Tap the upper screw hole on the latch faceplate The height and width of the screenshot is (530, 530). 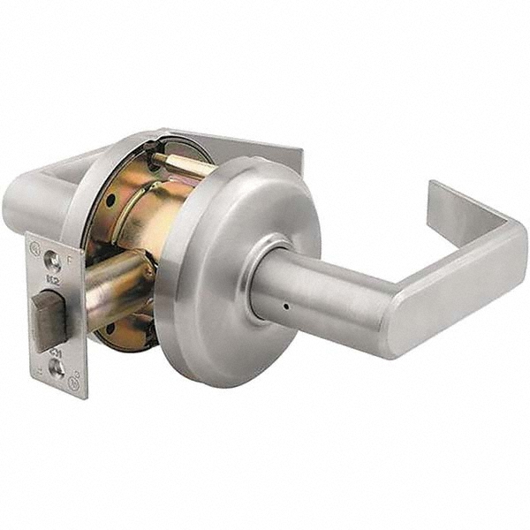pos(54,261)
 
